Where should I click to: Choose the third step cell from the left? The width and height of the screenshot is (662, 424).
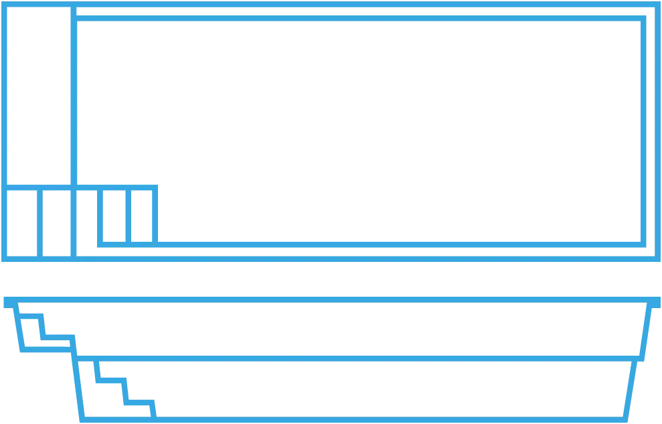[x=88, y=222]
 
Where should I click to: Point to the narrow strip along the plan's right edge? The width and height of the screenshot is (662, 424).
[x=650, y=131]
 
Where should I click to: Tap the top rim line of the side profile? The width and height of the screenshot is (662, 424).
[x=331, y=299]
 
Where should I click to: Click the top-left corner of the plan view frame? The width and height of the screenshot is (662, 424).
[x=4, y=5]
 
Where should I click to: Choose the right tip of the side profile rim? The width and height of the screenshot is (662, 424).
[x=658, y=299]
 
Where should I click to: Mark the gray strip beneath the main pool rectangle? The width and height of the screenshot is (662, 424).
[x=375, y=250]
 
